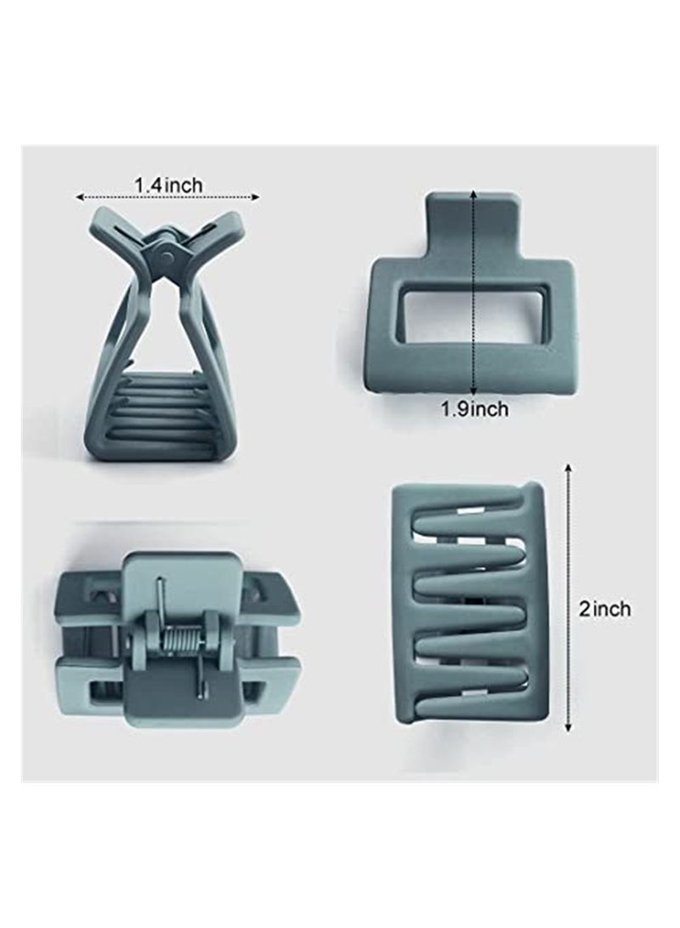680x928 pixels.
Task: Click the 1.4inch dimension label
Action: (x=167, y=184)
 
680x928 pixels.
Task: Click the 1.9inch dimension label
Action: (x=473, y=408)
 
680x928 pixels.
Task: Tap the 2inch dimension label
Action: (x=605, y=609)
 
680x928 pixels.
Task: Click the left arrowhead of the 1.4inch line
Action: (x=80, y=197)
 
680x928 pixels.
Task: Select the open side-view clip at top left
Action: (x=161, y=340)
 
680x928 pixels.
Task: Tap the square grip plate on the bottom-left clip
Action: (x=178, y=587)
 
